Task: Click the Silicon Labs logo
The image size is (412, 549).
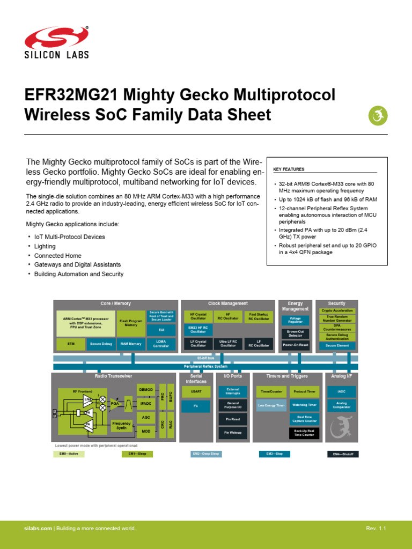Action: [56, 43]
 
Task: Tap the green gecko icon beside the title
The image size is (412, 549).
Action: [377, 115]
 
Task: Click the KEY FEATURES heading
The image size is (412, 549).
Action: [289, 169]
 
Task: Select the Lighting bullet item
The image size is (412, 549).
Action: [45, 246]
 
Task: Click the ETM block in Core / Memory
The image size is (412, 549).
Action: [71, 344]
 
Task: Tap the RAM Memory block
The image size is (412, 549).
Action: [131, 344]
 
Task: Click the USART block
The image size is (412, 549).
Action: [196, 391]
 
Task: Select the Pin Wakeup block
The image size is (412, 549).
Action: [233, 432]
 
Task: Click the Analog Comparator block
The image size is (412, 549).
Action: [341, 405]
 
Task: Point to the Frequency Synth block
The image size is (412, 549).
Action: [121, 426]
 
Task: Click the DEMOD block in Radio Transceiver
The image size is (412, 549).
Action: [145, 389]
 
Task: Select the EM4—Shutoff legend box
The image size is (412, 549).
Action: [343, 454]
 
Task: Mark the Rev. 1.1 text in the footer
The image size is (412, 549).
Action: [376, 529]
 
